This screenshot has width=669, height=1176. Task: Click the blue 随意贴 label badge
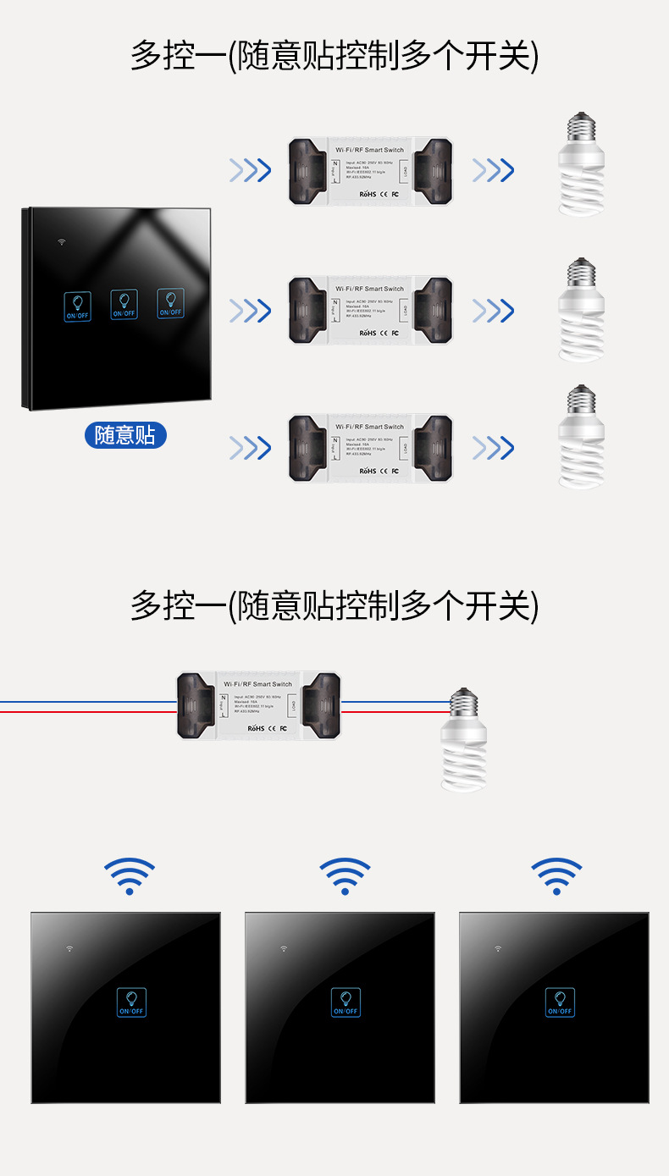(x=125, y=436)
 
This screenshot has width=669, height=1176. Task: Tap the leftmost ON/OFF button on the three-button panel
(x=77, y=306)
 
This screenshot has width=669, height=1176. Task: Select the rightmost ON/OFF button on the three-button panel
(x=170, y=305)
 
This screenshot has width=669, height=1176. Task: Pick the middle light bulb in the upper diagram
(x=581, y=310)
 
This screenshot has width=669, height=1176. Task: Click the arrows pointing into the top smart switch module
(x=250, y=170)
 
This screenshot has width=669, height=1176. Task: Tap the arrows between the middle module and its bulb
(x=493, y=311)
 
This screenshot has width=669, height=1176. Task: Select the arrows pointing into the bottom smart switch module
(x=250, y=447)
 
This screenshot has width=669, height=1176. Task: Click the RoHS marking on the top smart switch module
(x=367, y=194)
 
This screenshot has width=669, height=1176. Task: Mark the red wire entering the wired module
(x=85, y=711)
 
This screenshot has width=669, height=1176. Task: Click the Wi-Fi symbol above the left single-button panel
(x=130, y=875)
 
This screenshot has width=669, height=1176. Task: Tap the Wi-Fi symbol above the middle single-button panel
(x=345, y=875)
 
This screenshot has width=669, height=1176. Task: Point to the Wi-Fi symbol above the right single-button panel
(x=556, y=875)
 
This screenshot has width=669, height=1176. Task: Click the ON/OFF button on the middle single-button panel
(x=346, y=1002)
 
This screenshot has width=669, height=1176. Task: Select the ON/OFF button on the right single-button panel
(x=560, y=1002)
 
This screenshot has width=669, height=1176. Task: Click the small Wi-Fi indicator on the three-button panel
(x=62, y=241)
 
